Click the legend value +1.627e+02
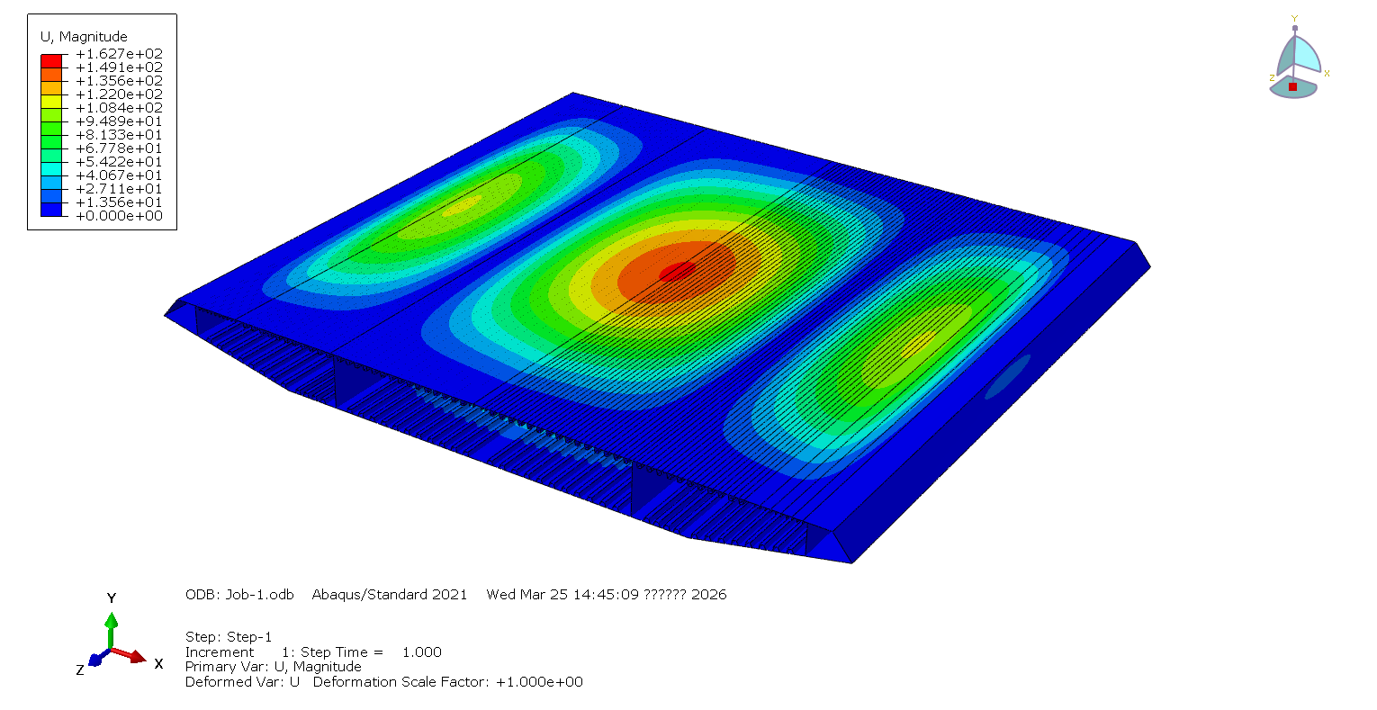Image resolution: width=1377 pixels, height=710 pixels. [120, 54]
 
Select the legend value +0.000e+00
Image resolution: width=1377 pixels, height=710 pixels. [120, 216]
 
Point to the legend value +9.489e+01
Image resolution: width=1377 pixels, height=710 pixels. [120, 121]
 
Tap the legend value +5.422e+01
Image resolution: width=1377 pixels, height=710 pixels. [120, 162]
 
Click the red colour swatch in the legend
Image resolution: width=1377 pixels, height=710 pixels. [51, 61]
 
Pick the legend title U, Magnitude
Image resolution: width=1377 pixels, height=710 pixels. [84, 37]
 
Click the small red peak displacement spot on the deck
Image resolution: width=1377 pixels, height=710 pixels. [677, 271]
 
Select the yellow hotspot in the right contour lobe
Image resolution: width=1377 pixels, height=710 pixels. [917, 343]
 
